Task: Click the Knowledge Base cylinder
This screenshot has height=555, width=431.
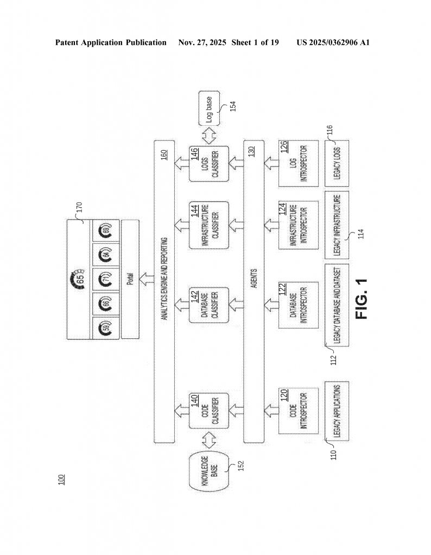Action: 209,473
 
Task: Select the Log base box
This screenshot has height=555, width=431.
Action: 209,112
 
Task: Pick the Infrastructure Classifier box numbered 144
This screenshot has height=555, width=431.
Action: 209,225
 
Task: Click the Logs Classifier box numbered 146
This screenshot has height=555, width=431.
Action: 209,164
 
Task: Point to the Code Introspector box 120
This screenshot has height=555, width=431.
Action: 297,410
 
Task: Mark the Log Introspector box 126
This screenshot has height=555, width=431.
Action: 297,164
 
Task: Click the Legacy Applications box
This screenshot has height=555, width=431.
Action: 337,410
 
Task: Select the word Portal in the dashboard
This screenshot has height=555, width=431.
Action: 130,280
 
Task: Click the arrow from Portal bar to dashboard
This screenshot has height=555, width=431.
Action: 145,280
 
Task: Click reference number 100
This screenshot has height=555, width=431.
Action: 61,479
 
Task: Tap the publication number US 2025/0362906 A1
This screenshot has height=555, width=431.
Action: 333,42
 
